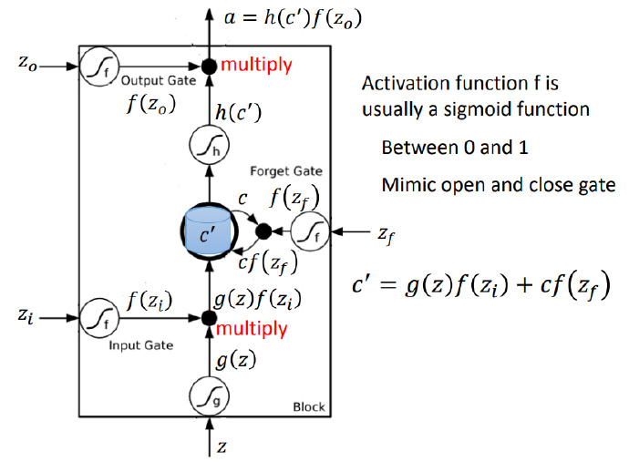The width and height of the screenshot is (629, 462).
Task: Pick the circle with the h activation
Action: click(x=208, y=146)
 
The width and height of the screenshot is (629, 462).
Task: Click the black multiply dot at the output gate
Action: click(x=209, y=66)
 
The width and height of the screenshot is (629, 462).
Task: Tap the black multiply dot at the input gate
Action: click(x=209, y=317)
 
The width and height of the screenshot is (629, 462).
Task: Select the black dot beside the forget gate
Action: click(x=264, y=231)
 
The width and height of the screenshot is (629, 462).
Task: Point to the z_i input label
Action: click(x=27, y=317)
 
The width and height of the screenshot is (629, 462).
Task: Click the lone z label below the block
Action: click(x=222, y=447)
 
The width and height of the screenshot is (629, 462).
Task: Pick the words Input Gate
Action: click(x=134, y=347)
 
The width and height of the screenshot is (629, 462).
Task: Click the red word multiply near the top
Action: click(x=256, y=65)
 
